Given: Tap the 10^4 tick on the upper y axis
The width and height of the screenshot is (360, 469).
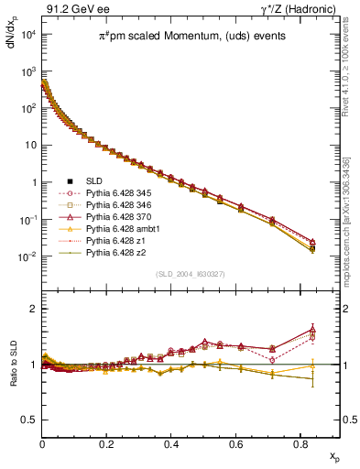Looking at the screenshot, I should point(27,34).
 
